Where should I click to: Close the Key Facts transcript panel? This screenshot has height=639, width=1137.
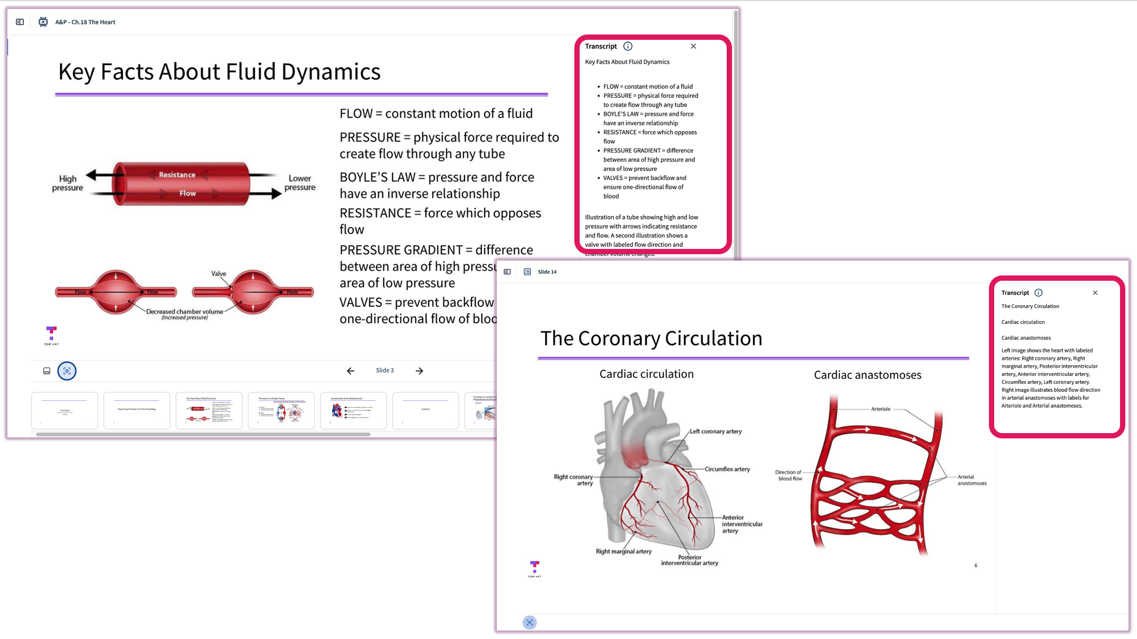tap(693, 46)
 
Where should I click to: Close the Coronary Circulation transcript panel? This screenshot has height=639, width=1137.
tap(1095, 292)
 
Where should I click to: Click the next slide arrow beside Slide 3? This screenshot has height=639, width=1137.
tap(419, 371)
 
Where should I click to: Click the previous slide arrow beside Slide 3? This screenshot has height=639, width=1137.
tap(350, 371)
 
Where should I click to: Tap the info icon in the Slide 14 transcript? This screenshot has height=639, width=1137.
tap(1039, 292)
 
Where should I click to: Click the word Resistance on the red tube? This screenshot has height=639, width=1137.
tap(177, 175)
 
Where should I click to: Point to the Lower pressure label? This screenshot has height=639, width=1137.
tap(300, 183)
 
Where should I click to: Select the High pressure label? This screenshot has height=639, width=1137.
tap(67, 183)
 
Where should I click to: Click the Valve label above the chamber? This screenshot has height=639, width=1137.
tap(219, 273)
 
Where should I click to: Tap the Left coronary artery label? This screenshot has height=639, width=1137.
tap(716, 431)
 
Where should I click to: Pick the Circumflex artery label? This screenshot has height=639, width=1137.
tap(727, 469)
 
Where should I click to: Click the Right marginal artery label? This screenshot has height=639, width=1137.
tap(624, 551)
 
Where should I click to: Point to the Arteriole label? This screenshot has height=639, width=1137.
tap(881, 409)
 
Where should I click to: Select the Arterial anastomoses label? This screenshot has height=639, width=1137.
tap(972, 480)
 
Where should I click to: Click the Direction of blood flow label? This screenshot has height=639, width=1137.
tap(789, 475)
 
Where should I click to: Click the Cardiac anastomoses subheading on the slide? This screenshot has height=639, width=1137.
tap(867, 375)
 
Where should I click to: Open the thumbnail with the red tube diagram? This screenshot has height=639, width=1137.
tap(209, 410)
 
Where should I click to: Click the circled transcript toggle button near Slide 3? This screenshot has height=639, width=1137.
tap(67, 371)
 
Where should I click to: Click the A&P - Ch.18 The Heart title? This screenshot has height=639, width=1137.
tap(85, 22)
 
